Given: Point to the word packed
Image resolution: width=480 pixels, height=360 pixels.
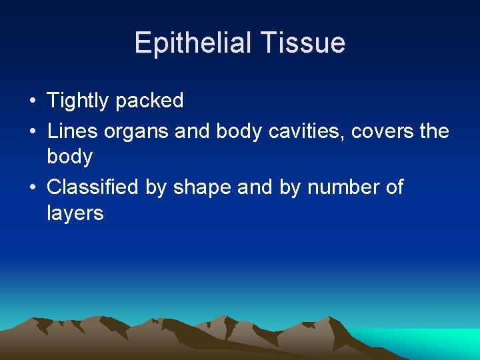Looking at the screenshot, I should pos(149,101).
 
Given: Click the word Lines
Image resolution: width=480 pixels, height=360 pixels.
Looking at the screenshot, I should pos(72,131).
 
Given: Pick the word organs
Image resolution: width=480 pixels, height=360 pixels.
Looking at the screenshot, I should pos(135,132).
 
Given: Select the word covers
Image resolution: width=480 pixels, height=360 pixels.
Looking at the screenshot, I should pos(384,131).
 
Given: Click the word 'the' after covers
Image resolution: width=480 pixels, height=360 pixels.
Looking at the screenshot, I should pos(435,131).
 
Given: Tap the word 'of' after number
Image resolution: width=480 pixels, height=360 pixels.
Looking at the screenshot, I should pos(395,187).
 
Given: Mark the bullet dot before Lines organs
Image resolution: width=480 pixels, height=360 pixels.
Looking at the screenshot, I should pos(32,131).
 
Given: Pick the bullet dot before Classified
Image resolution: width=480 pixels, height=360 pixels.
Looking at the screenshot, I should pos(32,188).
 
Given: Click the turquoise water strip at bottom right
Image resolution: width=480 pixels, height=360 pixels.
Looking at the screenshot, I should pos(427,341).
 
